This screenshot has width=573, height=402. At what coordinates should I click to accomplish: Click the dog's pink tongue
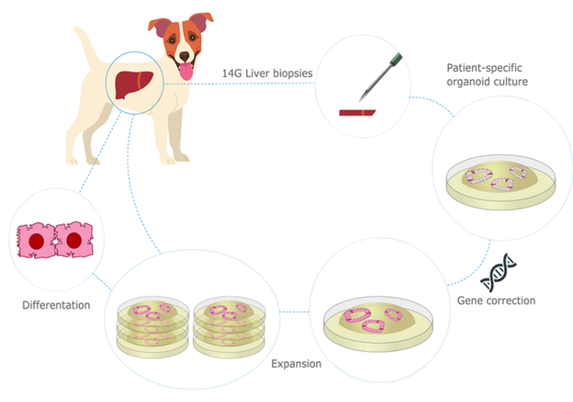187,71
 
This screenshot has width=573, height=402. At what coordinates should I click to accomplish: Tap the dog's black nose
185,56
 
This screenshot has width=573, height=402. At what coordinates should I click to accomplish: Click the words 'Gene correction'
496,301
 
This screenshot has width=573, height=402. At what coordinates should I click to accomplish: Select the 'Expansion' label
296,363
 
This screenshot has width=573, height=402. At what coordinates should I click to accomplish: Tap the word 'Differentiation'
56,306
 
